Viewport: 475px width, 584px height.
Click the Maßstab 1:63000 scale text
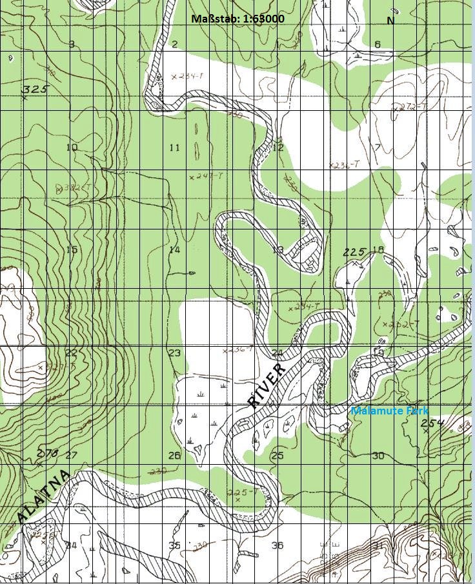point(237,18)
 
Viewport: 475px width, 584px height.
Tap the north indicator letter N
point(390,21)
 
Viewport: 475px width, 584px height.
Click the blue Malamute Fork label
point(389,411)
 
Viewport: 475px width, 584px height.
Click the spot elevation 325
point(35,89)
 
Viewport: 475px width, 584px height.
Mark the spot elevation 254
point(433,423)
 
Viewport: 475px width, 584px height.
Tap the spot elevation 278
point(48,453)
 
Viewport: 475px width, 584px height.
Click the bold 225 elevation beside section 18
point(354,252)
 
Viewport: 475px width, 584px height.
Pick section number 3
point(71,44)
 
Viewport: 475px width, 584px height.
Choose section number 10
point(71,148)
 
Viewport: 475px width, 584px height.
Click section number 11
point(174,148)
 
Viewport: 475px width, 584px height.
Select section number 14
point(174,249)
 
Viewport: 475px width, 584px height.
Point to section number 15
point(71,249)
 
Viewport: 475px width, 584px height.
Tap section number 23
point(174,353)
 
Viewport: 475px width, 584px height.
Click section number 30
point(378,456)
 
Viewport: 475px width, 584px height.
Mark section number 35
point(174,545)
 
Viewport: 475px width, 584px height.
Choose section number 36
point(278,545)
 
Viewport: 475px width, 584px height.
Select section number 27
point(71,456)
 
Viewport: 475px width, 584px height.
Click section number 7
point(378,148)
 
